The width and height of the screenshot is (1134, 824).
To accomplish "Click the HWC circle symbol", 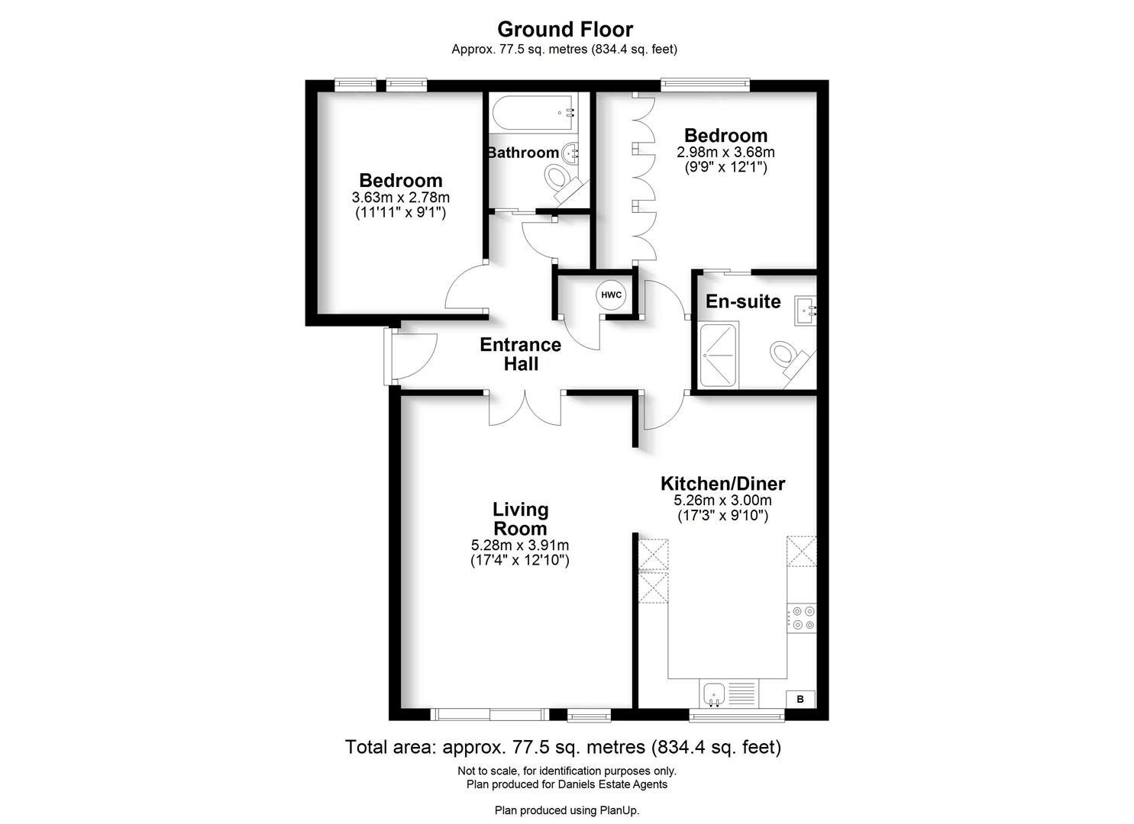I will tap(611, 295).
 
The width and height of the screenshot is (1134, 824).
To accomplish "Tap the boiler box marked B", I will tap(800, 699).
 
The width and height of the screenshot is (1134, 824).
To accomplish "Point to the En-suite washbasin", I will tap(805, 311).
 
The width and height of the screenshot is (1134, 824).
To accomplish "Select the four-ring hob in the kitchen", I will tap(802, 617).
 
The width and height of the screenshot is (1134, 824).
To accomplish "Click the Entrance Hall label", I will tap(520, 355).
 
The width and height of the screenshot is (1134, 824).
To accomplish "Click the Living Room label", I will tap(520, 519).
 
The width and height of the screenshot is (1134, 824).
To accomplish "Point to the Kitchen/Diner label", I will tap(722, 484).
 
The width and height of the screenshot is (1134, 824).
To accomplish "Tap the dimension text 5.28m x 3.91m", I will tap(520, 546).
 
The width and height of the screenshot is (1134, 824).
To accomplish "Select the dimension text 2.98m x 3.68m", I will tap(725, 153).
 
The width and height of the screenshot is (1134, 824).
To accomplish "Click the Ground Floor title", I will tap(565, 30).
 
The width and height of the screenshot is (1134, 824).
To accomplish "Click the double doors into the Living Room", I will tap(525, 408).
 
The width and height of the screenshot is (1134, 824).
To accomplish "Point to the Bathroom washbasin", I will tap(571, 153).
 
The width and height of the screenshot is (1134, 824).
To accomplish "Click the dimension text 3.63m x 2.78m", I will tap(400, 198).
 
